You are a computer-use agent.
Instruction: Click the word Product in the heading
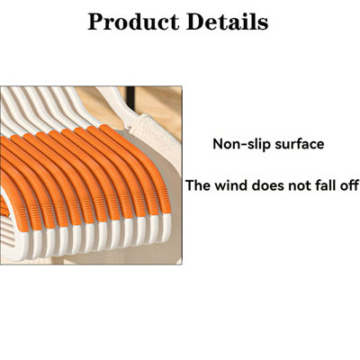pyautogui.click(x=133, y=22)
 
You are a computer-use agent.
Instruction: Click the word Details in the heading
pyautogui.click(x=227, y=22)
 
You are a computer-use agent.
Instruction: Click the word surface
pyautogui.click(x=300, y=144)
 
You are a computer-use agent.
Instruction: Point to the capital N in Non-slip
pyautogui.click(x=218, y=144)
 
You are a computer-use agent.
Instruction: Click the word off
pyautogui.click(x=350, y=185)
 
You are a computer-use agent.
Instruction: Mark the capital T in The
pyautogui.click(x=190, y=185)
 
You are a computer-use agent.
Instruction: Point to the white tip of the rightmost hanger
pyautogui.click(x=166, y=227)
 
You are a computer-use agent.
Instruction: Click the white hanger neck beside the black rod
pyautogui.click(x=119, y=102)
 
